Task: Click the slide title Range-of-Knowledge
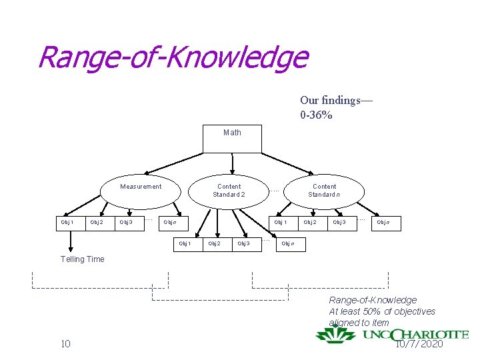173,57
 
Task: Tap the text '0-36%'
316,115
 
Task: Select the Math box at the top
232,138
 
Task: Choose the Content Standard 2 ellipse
229,191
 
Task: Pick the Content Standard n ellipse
324,191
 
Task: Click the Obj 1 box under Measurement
67,222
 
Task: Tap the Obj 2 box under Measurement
97,222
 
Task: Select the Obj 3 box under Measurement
126,222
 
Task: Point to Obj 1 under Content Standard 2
185,243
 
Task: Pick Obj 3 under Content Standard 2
244,243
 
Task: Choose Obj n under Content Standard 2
288,243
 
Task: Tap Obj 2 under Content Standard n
310,222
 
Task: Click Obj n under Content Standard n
383,222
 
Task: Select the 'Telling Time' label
82,259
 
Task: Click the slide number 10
65,344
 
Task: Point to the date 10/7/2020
419,344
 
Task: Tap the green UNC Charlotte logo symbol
335,334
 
